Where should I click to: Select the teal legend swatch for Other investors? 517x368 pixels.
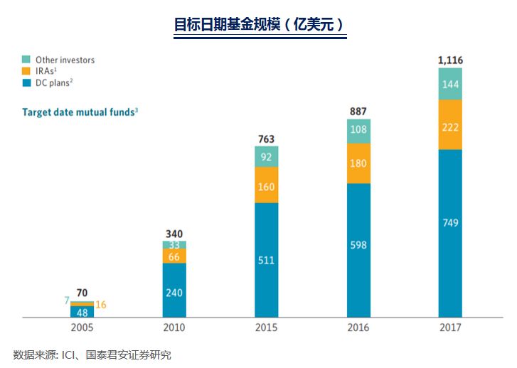(x=26, y=60)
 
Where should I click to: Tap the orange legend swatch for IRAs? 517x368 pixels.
(x=26, y=71)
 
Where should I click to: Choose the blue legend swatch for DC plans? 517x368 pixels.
(x=26, y=83)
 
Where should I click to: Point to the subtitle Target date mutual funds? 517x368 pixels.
(x=80, y=112)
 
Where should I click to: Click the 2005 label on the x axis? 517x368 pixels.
(x=82, y=328)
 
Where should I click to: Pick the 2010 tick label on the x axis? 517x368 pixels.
(x=174, y=328)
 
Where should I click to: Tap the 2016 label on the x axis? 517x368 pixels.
(x=358, y=328)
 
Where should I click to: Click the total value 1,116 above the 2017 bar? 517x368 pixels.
(x=450, y=60)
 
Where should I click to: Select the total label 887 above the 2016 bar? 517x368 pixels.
(x=358, y=111)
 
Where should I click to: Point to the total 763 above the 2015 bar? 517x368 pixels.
(x=266, y=139)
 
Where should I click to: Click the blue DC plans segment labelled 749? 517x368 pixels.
(x=450, y=223)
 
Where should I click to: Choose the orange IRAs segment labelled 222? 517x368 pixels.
(x=450, y=126)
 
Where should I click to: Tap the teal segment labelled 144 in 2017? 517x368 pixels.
(x=450, y=85)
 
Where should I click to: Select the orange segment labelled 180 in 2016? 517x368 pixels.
(x=358, y=164)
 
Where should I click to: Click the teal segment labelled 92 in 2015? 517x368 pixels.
(x=266, y=157)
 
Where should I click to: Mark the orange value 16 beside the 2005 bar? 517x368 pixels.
(x=101, y=305)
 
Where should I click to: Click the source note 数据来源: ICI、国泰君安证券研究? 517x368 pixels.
(x=92, y=355)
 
